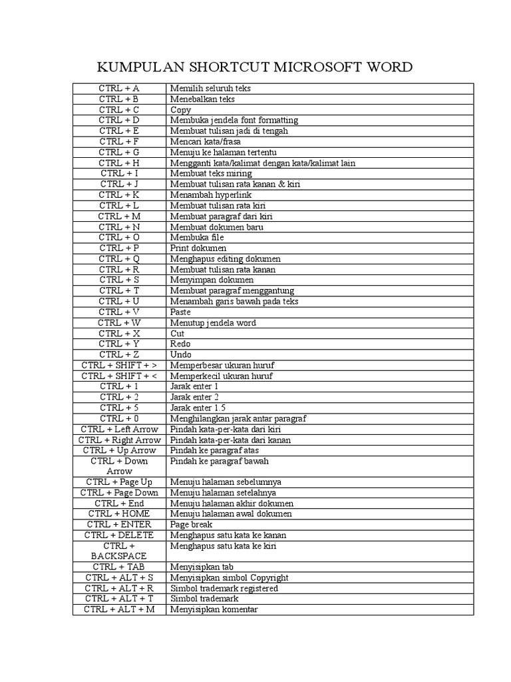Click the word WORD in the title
tap(386, 67)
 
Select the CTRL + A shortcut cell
tap(119, 89)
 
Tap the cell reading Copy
tap(180, 110)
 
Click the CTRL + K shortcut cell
tap(119, 195)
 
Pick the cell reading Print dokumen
tap(198, 248)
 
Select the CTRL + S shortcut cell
tap(119, 280)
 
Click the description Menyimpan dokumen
tap(208, 280)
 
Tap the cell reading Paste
tap(180, 312)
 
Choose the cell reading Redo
tap(180, 344)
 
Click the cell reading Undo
tap(180, 355)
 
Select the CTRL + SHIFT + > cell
tap(119, 366)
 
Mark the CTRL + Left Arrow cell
tap(119, 430)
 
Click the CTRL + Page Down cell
tap(119, 493)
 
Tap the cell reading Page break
tap(191, 525)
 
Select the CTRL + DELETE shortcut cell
tap(119, 535)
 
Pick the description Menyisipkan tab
tap(198, 567)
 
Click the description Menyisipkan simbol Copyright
tap(229, 578)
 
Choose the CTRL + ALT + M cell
tap(119, 610)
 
